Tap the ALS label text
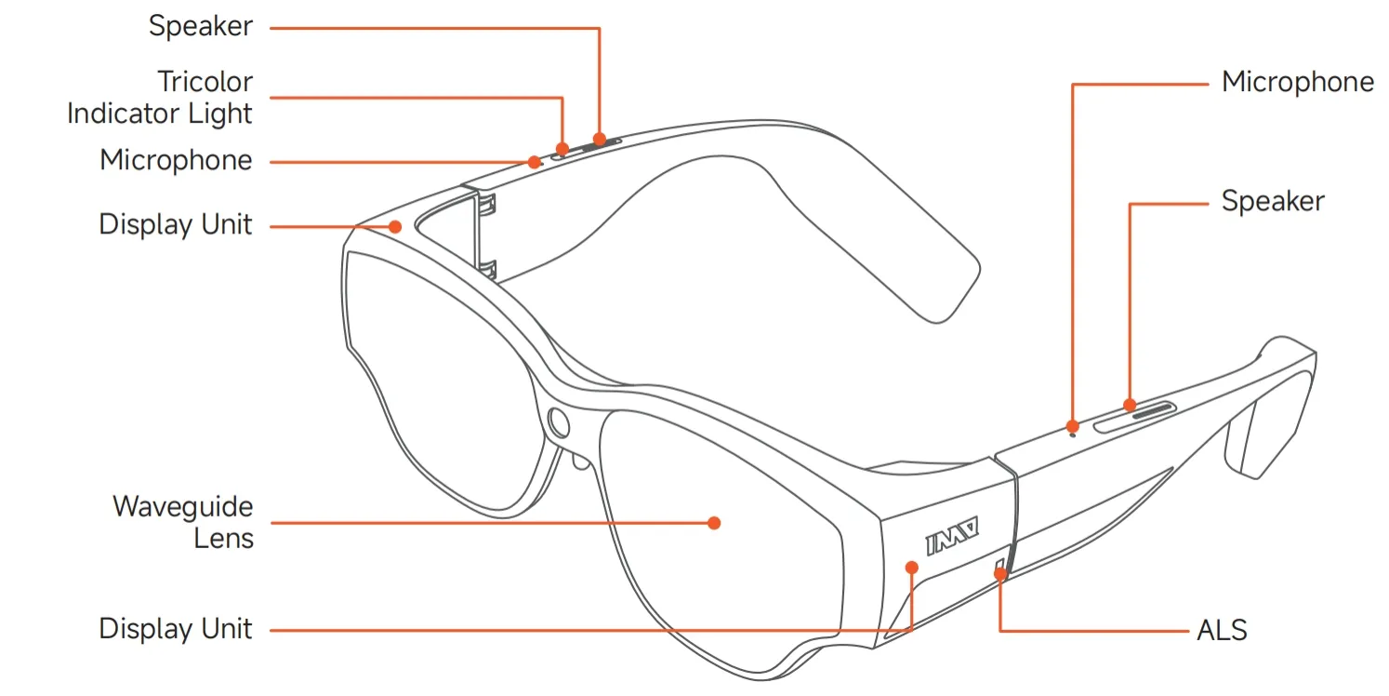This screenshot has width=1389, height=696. pyautogui.click(x=1222, y=630)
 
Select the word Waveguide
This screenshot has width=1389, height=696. pyautogui.click(x=182, y=507)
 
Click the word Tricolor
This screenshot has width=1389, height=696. pyautogui.click(x=205, y=82)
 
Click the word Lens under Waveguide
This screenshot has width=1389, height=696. pyautogui.click(x=223, y=538)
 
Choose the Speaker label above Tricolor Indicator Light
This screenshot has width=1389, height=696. pyautogui.click(x=201, y=26)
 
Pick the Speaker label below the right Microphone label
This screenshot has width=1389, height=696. pyautogui.click(x=1272, y=201)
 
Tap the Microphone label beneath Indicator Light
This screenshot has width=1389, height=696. pyautogui.click(x=176, y=160)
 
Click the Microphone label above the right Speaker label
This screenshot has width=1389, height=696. pyautogui.click(x=1297, y=82)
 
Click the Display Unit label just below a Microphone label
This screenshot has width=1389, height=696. pyautogui.click(x=176, y=224)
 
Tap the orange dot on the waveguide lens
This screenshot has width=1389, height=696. pyautogui.click(x=714, y=523)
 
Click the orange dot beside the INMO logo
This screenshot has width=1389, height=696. pyautogui.click(x=912, y=567)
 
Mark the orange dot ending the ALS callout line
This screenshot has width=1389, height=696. pyautogui.click(x=1000, y=573)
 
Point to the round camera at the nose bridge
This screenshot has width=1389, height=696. pyautogui.click(x=560, y=423)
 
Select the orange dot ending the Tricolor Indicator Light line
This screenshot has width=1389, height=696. pyautogui.click(x=562, y=148)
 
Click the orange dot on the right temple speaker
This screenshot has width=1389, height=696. pyautogui.click(x=1130, y=405)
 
